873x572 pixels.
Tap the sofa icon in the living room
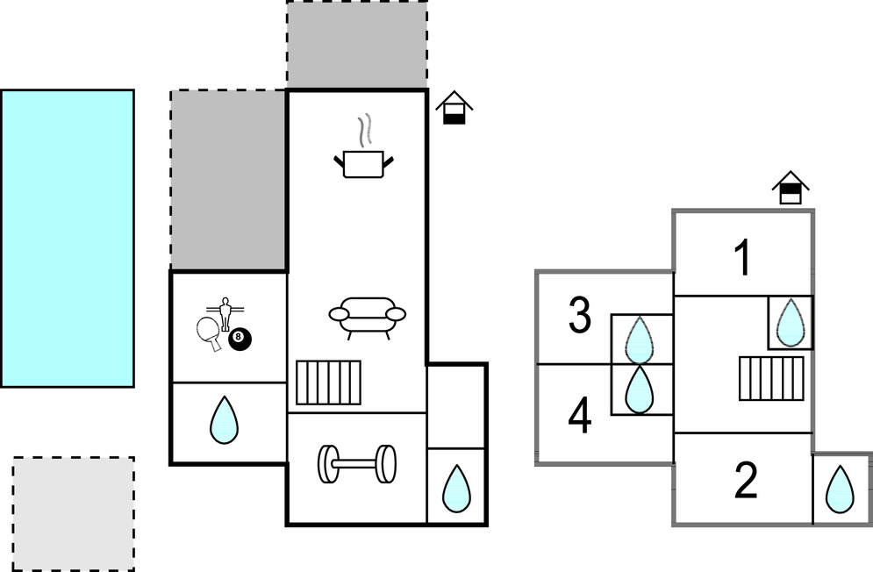[x=368, y=316]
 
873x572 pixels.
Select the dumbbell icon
[x=357, y=464]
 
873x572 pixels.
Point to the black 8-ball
[x=238, y=340]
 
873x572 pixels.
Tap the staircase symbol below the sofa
[x=328, y=383]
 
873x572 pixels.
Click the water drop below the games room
[x=225, y=420]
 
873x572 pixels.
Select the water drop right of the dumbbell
[x=455, y=488]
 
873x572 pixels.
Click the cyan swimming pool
[x=68, y=238]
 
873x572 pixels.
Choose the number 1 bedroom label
[x=743, y=259]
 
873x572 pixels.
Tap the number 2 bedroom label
[x=745, y=481]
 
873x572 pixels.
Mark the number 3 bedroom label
[x=580, y=317]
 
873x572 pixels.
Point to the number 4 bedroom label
[x=580, y=415]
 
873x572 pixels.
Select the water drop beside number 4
[x=640, y=390]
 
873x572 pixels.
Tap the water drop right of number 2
[x=841, y=489]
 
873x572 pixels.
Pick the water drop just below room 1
[x=791, y=322]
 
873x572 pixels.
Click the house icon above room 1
[x=791, y=188]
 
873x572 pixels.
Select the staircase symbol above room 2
[x=771, y=378]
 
